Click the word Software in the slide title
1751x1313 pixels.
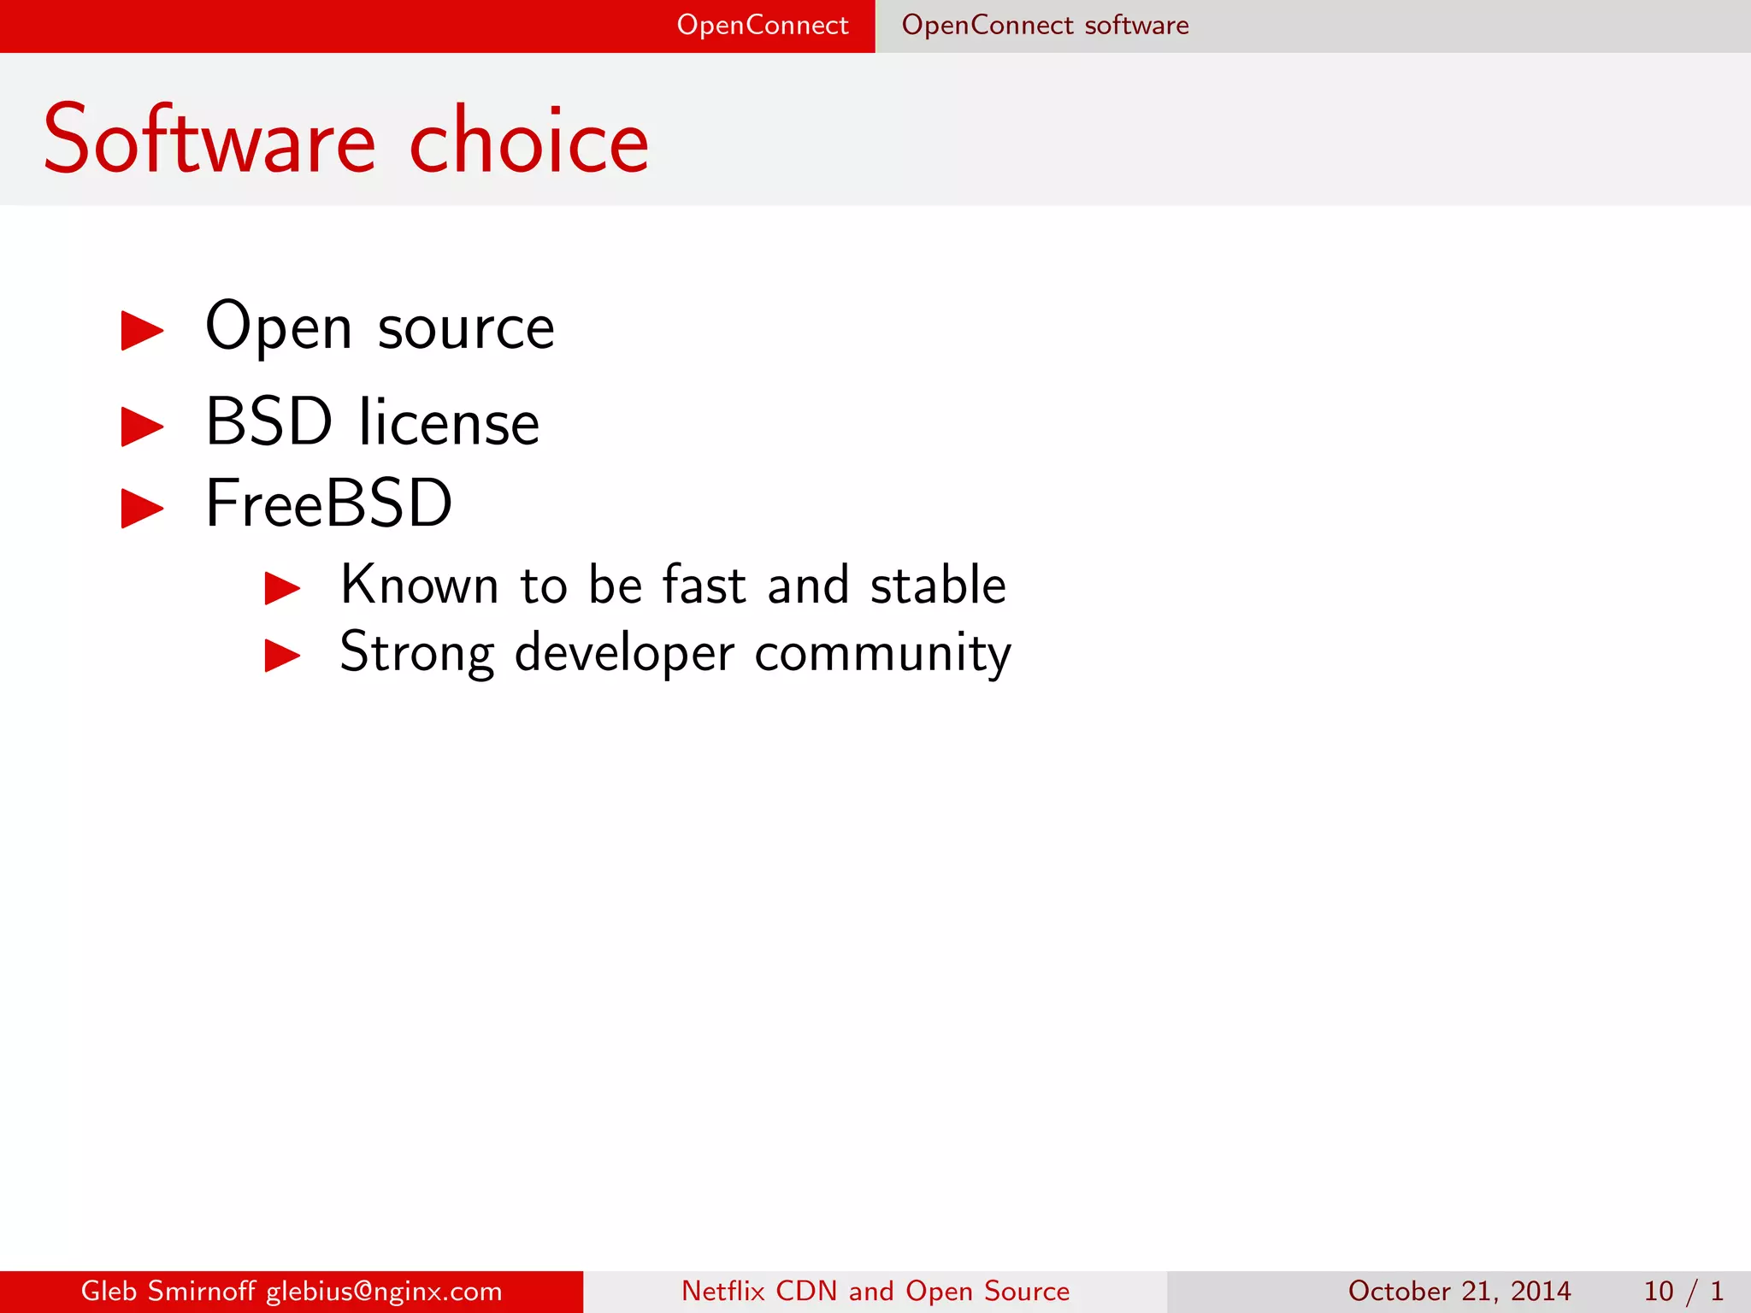(209, 140)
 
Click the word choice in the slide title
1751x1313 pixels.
(529, 140)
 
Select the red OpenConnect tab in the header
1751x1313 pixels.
(762, 26)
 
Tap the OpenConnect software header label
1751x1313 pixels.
(1045, 26)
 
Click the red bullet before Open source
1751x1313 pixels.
(142, 331)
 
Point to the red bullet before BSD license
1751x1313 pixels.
(142, 427)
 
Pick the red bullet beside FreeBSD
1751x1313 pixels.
(142, 509)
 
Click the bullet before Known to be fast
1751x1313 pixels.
(282, 588)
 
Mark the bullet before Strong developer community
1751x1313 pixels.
(282, 656)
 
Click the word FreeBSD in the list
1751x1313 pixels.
(329, 503)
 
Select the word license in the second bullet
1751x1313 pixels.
(450, 422)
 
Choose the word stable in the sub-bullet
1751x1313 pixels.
(938, 586)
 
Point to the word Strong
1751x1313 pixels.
(417, 655)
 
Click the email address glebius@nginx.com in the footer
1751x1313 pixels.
(384, 1291)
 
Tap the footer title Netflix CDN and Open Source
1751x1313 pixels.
(875, 1291)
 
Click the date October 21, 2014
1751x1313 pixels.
(1459, 1291)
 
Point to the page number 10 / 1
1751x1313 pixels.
(1683, 1291)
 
